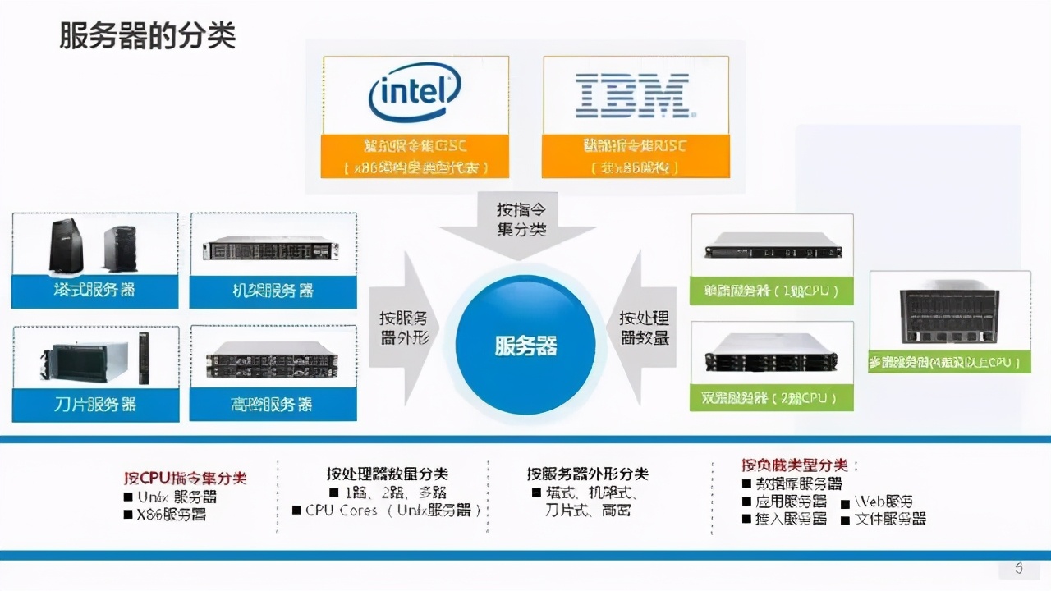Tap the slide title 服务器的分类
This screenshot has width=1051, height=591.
tap(148, 36)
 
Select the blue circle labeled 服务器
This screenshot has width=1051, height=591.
tap(525, 345)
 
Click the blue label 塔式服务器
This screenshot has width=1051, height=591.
tap(94, 291)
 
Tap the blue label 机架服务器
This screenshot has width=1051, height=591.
tap(273, 291)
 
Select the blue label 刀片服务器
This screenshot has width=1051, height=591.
tap(95, 404)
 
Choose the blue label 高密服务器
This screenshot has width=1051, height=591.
tap(273, 404)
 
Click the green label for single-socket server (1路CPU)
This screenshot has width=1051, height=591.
tap(771, 291)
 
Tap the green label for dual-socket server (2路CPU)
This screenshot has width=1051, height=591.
tap(771, 398)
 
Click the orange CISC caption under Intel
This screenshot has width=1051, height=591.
tap(415, 157)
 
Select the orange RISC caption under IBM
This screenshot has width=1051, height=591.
tap(636, 157)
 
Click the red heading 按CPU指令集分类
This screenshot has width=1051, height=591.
tap(186, 478)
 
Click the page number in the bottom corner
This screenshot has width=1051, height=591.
tap(1019, 568)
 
